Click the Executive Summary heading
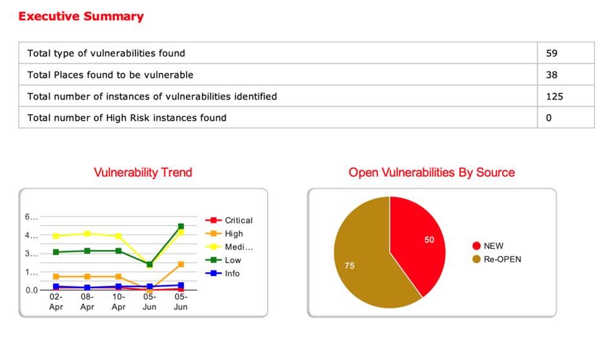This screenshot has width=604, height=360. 81,16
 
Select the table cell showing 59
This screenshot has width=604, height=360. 551,54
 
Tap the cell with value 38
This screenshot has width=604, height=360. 551,75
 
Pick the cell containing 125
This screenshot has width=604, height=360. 554,96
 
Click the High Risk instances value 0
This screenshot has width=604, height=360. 549,117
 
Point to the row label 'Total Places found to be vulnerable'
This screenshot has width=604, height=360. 110,75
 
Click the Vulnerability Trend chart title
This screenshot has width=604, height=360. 143,172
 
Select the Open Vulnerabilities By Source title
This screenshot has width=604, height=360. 432,172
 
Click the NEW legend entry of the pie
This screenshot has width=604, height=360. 493,246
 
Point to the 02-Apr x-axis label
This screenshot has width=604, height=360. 56,302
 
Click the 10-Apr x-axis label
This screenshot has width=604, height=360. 118,302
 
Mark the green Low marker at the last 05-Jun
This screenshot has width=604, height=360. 181,226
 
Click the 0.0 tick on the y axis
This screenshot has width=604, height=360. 32,290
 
